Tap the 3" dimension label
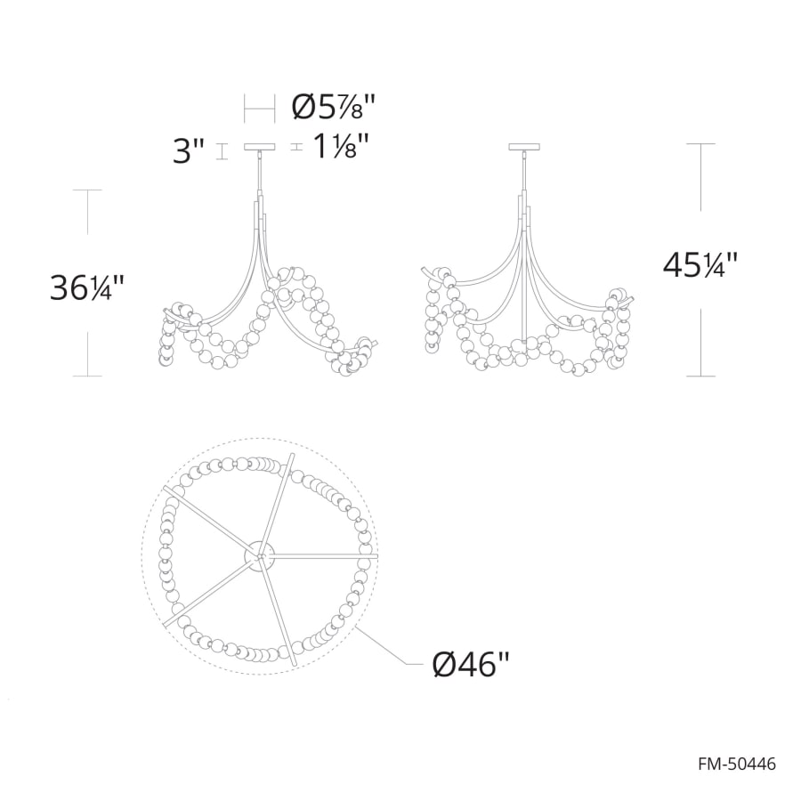(189, 150)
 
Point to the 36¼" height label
(87, 287)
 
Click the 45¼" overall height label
(700, 264)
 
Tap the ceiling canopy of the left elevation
(259, 148)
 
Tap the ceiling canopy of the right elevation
(525, 148)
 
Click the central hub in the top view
(260, 555)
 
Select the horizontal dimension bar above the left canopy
(259, 109)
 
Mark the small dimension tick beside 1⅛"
(297, 148)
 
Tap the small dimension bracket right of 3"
(222, 150)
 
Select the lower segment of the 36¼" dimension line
(87, 352)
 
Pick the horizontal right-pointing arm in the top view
(325, 556)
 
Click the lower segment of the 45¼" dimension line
(701, 343)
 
